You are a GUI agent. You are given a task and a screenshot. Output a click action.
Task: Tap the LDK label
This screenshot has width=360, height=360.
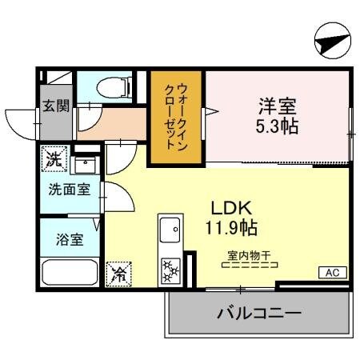[x=227, y=207]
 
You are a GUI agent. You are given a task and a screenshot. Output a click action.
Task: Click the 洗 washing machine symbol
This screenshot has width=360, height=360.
[x=54, y=158]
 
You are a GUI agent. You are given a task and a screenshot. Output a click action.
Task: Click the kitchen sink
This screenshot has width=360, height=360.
[x=170, y=232]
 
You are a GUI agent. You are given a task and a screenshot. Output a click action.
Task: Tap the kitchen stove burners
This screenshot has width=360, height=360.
[x=171, y=270]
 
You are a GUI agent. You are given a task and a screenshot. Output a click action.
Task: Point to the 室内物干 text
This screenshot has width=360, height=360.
[x=249, y=256]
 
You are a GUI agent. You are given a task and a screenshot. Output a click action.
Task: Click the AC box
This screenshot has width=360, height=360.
[x=331, y=274]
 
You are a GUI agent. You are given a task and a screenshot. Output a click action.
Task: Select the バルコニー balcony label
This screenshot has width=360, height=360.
[x=258, y=313]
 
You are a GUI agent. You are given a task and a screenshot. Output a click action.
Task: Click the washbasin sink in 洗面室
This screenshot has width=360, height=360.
[x=83, y=166]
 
